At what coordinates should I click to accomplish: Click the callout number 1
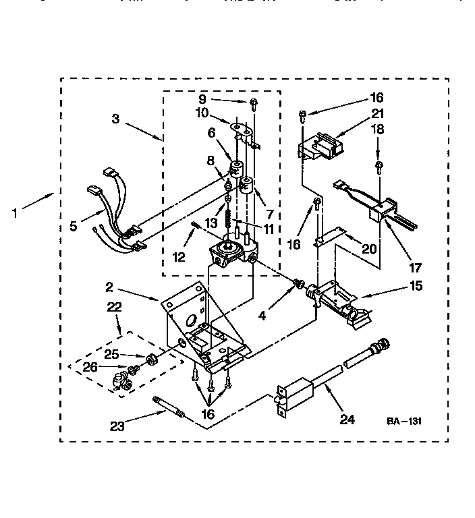[x=14, y=214]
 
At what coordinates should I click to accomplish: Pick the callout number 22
[x=115, y=307]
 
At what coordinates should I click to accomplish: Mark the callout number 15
[x=416, y=286]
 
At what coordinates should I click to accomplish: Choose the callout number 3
[x=116, y=119]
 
